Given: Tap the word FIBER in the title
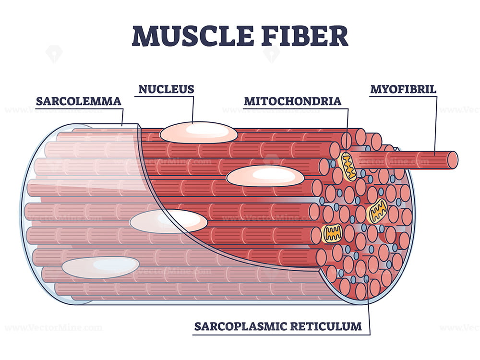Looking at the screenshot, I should click(x=307, y=36).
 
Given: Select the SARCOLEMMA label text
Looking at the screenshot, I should click(x=78, y=101).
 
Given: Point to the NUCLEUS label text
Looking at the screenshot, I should click(x=166, y=89).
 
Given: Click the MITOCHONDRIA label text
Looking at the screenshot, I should click(x=292, y=101).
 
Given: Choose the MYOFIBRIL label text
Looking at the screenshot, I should click(x=403, y=89).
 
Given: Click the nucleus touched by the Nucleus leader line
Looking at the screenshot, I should click(x=198, y=132).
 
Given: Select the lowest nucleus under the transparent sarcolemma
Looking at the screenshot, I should click(x=100, y=267).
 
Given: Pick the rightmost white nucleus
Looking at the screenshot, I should click(x=265, y=176).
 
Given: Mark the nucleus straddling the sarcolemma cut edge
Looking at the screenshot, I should click(x=168, y=221).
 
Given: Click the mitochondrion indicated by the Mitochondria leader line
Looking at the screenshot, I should click(x=348, y=167).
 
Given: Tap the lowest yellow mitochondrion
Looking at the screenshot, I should click(x=332, y=233).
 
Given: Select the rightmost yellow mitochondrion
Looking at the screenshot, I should click(x=377, y=210).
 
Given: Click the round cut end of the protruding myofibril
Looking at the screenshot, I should click(x=452, y=160).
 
